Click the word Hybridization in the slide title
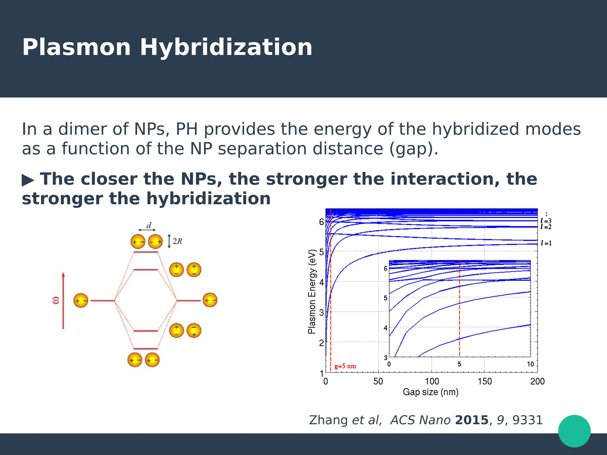click(226, 47)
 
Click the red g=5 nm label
click(345, 366)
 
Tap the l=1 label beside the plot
click(546, 243)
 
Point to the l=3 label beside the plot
click(546, 221)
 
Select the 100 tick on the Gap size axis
click(432, 381)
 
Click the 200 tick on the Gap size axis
click(537, 381)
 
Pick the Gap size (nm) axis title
click(430, 392)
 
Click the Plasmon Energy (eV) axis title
click(312, 291)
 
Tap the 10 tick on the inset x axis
click(530, 364)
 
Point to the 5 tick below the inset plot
click(459, 364)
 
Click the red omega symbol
click(56, 300)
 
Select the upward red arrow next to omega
click(63, 301)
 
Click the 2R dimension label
click(177, 241)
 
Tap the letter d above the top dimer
click(149, 226)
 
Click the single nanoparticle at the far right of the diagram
click(210, 300)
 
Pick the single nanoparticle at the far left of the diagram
click(81, 301)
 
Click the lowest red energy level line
click(146, 349)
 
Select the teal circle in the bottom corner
click(574, 431)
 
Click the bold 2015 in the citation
click(472, 420)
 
